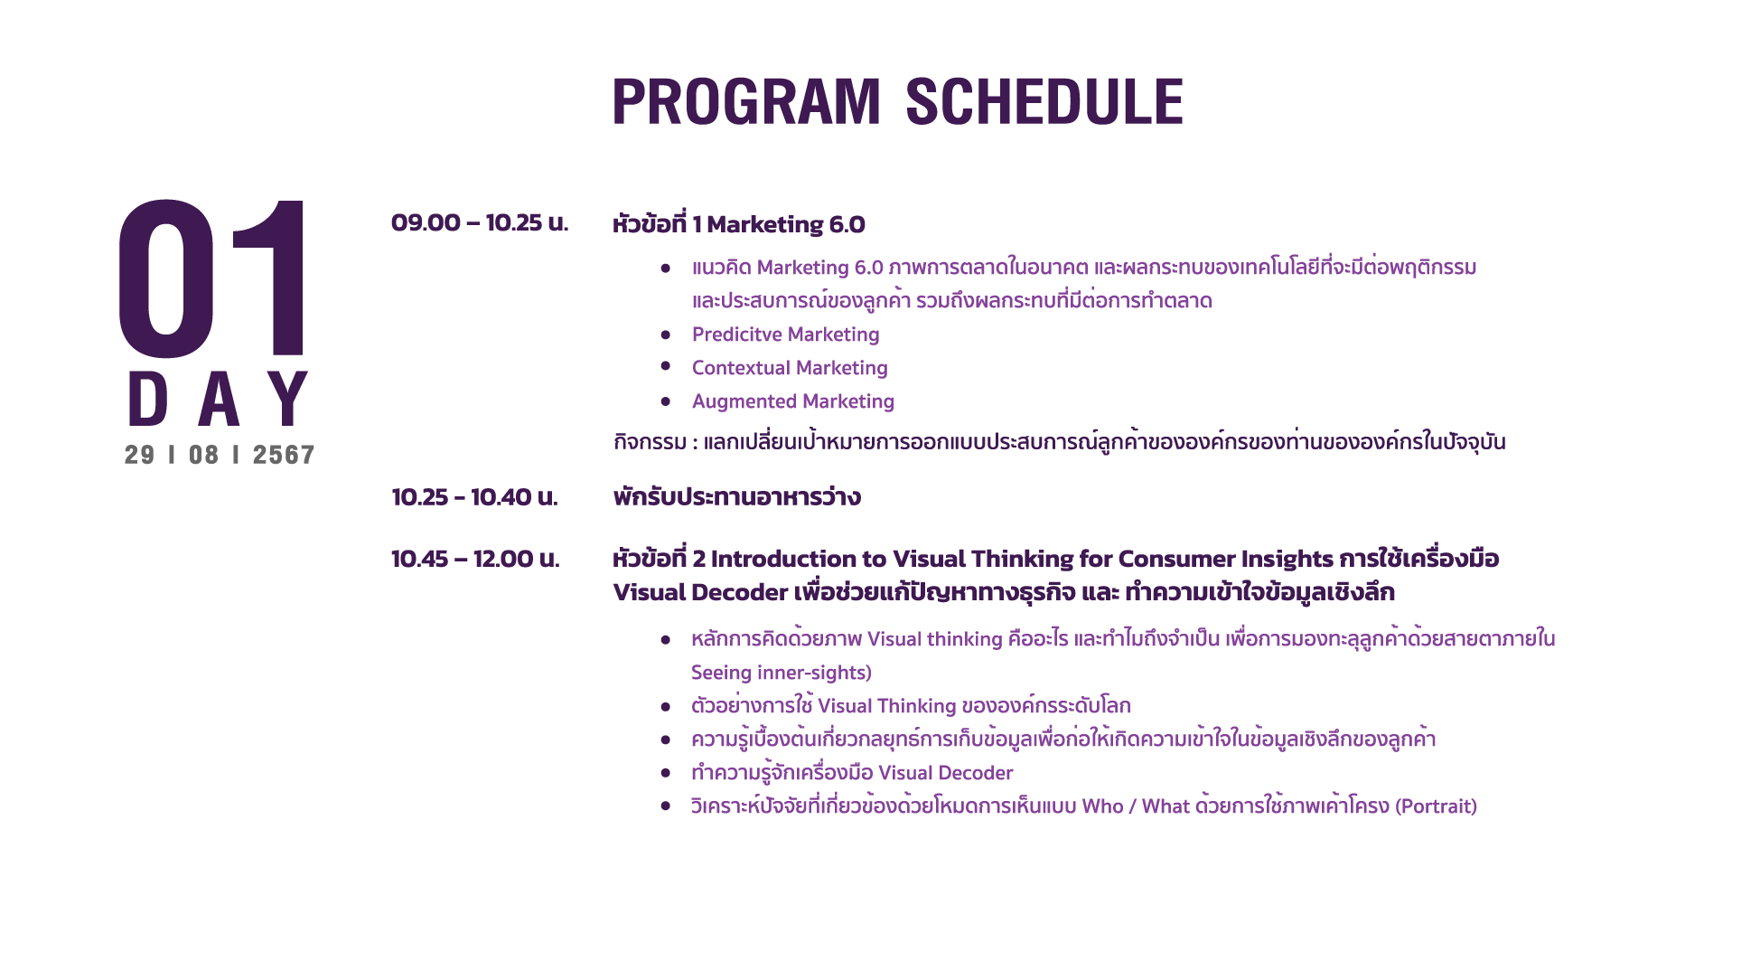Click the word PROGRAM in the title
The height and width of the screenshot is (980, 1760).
click(746, 101)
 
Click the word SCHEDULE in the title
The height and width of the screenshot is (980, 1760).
click(1044, 101)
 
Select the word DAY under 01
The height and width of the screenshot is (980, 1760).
click(219, 399)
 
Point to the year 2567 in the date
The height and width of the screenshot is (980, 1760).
click(284, 455)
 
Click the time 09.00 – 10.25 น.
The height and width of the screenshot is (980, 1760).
click(480, 222)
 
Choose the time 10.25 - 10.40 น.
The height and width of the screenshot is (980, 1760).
click(474, 497)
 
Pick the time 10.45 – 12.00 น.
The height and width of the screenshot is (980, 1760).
click(475, 559)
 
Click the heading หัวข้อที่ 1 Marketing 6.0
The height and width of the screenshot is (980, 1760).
click(739, 223)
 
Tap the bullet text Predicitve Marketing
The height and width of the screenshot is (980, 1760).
click(785, 335)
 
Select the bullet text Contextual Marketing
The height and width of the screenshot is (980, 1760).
click(790, 368)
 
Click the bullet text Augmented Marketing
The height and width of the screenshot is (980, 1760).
click(793, 401)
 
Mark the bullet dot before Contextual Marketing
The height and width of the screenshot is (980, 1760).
click(666, 366)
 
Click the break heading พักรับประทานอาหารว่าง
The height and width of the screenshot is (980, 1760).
click(736, 497)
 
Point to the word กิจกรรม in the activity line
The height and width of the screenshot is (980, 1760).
click(650, 442)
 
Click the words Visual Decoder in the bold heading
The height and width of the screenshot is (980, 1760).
click(700, 592)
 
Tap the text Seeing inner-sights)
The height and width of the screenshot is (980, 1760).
click(782, 673)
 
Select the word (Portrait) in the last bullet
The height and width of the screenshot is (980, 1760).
click(1436, 806)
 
